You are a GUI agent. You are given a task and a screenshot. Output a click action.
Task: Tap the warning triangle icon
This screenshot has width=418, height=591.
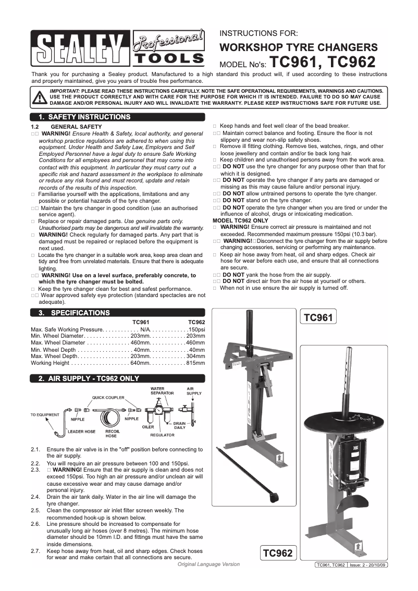[x=39, y=97]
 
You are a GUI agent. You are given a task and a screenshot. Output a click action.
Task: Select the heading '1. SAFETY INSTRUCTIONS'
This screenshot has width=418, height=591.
[x=80, y=117]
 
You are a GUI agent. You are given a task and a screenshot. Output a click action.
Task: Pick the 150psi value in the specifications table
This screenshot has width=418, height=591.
[x=196, y=330]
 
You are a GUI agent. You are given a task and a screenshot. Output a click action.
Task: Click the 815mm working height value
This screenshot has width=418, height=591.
[x=196, y=363]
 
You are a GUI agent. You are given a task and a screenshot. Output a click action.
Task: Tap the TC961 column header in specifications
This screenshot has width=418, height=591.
[x=141, y=323]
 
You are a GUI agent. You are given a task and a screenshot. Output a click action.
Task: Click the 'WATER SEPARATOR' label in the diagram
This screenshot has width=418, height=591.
[x=158, y=391]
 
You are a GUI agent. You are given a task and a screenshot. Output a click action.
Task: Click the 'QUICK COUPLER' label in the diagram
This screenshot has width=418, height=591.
[x=108, y=397]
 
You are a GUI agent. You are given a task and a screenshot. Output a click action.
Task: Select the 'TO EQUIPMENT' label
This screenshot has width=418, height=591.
[x=45, y=415]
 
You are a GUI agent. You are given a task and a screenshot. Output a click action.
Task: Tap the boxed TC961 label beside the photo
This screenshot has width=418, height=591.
[x=317, y=317]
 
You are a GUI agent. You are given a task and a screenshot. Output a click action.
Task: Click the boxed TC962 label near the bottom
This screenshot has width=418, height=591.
[x=278, y=552]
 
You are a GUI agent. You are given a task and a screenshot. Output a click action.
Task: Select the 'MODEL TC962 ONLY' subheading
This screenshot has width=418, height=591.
[x=241, y=220]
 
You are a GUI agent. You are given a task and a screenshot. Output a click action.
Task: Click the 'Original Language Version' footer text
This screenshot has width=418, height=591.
[x=208, y=564]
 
